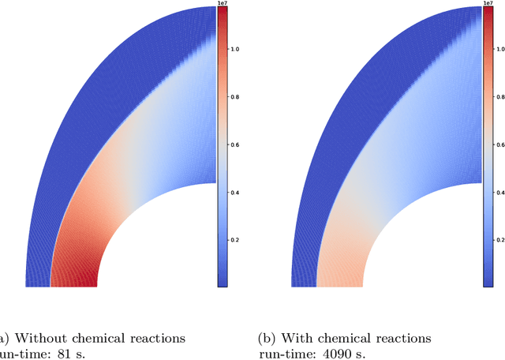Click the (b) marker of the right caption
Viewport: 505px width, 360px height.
click(x=267, y=338)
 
